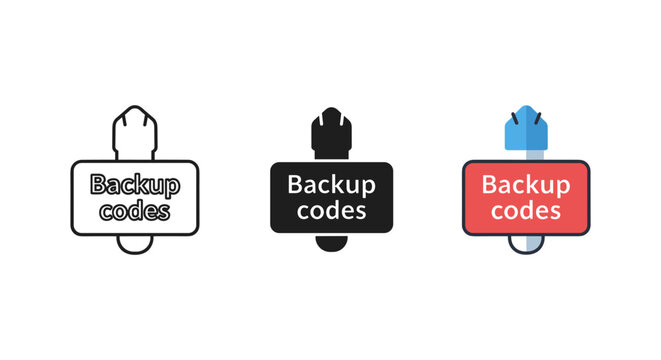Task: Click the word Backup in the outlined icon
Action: tap(134, 184)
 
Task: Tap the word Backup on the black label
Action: tap(331, 184)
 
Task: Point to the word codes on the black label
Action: tap(331, 210)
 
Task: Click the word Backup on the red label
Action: tap(526, 184)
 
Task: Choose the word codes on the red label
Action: tap(526, 210)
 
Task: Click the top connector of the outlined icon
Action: tap(134, 130)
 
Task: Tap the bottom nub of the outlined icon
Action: tap(134, 243)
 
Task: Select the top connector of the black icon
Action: tap(331, 130)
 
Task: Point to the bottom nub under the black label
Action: tap(331, 242)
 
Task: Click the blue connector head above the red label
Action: tap(526, 130)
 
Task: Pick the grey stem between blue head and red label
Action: tap(526, 154)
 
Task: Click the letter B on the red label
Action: tap(490, 184)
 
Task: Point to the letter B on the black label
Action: tap(295, 184)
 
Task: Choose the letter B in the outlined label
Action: tap(98, 184)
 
